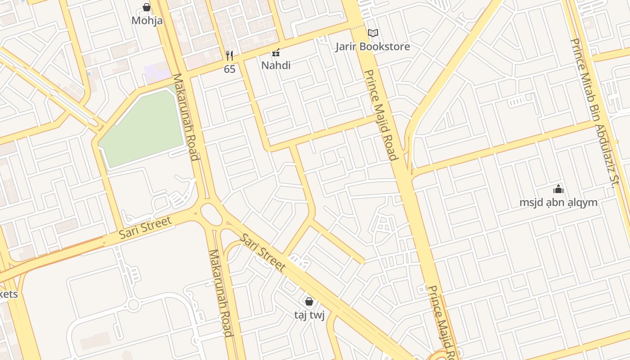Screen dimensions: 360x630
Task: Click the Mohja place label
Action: pyautogui.click(x=147, y=21)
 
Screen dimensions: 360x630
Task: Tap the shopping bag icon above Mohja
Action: pyautogui.click(x=147, y=7)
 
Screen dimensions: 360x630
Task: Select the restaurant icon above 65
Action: pyautogui.click(x=229, y=56)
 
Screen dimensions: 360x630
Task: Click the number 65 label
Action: pyautogui.click(x=229, y=69)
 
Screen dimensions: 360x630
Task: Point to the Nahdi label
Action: pyautogui.click(x=276, y=66)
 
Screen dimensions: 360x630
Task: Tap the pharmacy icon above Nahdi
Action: pyautogui.click(x=276, y=53)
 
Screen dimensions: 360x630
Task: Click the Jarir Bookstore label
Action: pyautogui.click(x=373, y=47)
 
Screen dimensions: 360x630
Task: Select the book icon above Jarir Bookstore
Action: pyautogui.click(x=373, y=33)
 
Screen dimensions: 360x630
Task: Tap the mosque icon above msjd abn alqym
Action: pyautogui.click(x=558, y=189)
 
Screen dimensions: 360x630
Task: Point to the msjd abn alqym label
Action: pyautogui.click(x=558, y=202)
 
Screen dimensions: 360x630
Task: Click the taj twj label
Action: pyautogui.click(x=309, y=315)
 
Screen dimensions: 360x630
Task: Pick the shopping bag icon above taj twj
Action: pyautogui.click(x=309, y=301)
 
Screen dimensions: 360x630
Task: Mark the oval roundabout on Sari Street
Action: pyautogui.click(x=211, y=214)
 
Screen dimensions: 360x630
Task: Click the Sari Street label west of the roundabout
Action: pyautogui.click(x=145, y=228)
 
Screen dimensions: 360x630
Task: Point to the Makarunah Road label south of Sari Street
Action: pyautogui.click(x=220, y=292)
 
